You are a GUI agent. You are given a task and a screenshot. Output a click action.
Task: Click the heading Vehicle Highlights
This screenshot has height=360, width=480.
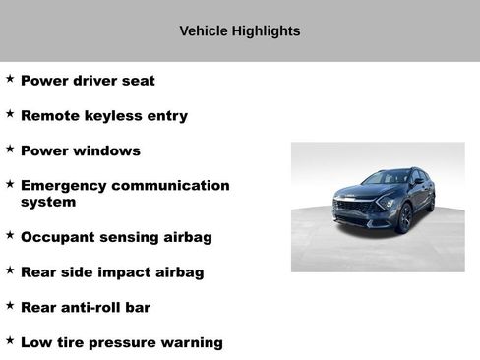[239, 31]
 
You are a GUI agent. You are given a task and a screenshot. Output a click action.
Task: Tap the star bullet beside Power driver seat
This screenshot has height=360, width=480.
[10, 79]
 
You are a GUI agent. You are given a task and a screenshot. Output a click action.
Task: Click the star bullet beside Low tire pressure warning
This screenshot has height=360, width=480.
[10, 339]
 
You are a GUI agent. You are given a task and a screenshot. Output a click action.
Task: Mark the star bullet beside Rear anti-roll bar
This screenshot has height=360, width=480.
[10, 305]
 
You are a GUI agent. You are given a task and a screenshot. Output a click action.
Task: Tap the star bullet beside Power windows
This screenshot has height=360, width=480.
[10, 149]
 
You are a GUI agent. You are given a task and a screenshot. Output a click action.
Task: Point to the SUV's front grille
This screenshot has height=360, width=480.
[352, 207]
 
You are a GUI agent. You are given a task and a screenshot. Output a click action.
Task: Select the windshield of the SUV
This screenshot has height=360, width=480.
[387, 178]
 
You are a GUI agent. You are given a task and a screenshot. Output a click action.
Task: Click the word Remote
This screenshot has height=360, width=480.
[51, 115]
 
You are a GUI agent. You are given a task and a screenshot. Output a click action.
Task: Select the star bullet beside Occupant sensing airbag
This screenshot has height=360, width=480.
[10, 235]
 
